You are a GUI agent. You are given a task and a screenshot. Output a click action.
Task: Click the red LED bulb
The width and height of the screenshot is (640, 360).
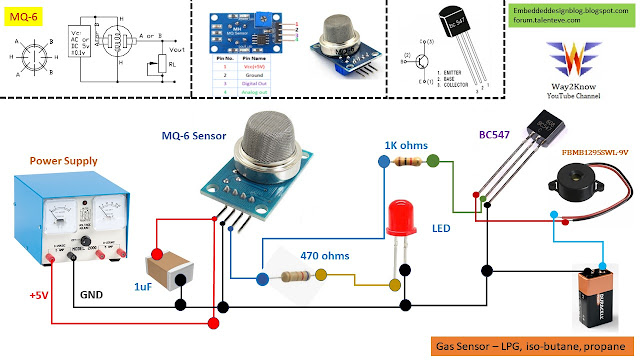403,217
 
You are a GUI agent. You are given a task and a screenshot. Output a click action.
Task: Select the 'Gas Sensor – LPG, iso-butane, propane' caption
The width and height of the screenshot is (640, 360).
528,346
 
